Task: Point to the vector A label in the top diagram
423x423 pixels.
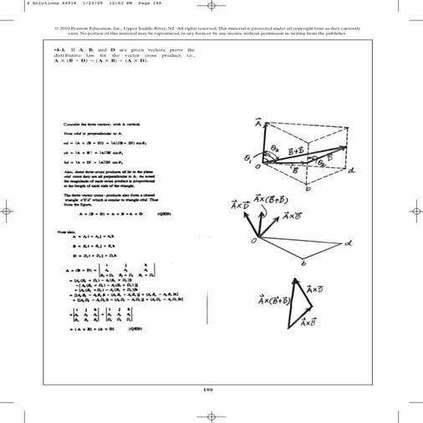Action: tap(258, 124)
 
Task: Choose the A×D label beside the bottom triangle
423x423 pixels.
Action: tap(315, 290)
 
